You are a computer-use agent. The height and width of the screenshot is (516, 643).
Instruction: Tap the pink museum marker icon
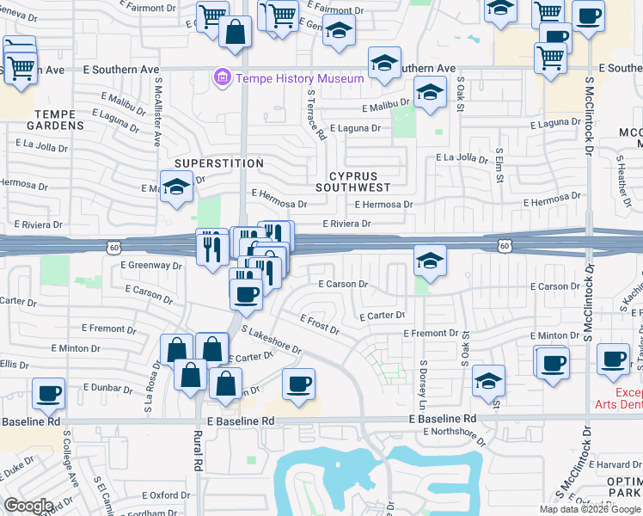click(x=224, y=78)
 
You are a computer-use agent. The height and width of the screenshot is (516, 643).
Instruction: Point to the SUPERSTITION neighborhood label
click(x=219, y=163)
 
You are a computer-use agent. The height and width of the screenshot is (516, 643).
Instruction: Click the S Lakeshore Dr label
click(x=272, y=340)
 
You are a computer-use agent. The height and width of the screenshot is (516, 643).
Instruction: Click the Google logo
click(x=28, y=506)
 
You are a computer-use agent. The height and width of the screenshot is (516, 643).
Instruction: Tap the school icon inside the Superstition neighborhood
click(x=175, y=188)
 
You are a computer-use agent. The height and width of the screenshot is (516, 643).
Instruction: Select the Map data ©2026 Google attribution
click(x=589, y=509)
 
